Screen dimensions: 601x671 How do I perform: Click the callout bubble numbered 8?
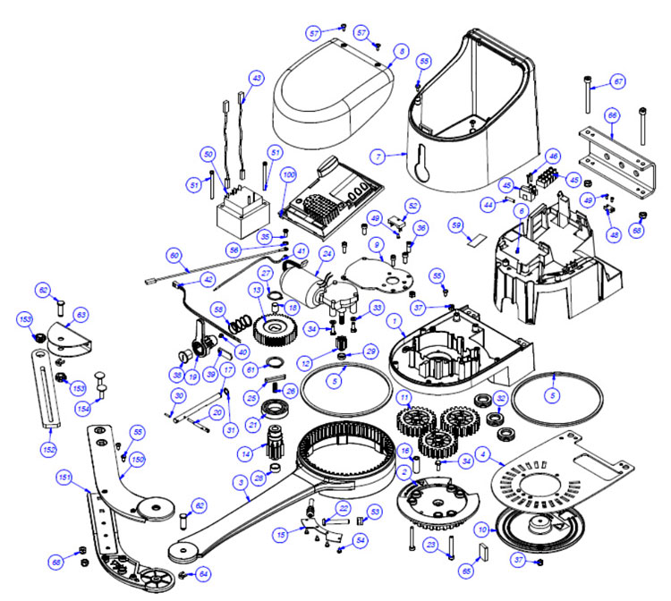click(402, 53)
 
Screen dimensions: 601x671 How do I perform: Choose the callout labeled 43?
click(257, 79)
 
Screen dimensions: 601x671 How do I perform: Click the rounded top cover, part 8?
click(331, 89)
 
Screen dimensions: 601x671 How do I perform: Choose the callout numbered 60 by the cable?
click(173, 254)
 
